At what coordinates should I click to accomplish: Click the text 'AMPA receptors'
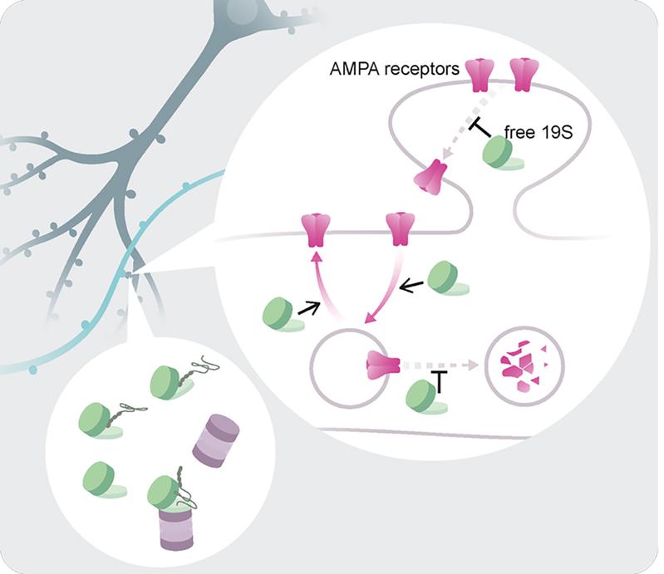tap(394, 69)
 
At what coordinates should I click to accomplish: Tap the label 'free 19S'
tap(539, 133)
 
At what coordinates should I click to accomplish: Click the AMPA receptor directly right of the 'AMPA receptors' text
tap(480, 75)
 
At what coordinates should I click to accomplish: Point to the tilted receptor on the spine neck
tap(431, 177)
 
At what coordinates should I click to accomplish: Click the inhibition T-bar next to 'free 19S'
tap(480, 128)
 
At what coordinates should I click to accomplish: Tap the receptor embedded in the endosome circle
tap(382, 365)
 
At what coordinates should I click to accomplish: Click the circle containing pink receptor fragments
tap(524, 365)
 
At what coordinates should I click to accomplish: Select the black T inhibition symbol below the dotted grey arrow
tap(440, 381)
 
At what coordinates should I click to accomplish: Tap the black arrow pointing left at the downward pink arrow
tap(411, 287)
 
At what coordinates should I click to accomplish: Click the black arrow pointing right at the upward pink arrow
tap(309, 308)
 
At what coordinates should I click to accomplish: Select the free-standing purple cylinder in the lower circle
tap(215, 440)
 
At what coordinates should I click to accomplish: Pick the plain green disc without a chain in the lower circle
tap(103, 479)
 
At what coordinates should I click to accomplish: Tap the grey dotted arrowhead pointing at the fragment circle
tap(473, 365)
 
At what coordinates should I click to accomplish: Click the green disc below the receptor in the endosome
tap(425, 396)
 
